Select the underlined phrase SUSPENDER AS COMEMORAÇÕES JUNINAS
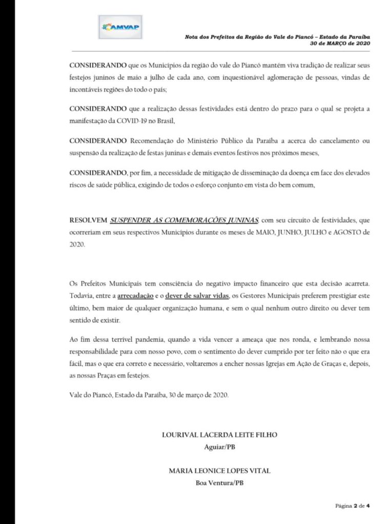coord(185,220)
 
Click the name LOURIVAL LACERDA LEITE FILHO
coord(219,435)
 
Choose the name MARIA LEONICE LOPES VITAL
coord(219,470)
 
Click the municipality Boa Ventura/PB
coord(219,482)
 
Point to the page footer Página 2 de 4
coord(353,505)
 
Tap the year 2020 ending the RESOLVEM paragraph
coord(76,245)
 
